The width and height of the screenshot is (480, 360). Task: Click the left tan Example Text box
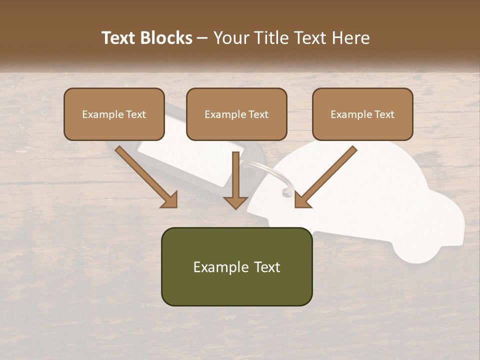pos(114,114)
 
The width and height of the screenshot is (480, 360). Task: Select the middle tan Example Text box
pos(236,114)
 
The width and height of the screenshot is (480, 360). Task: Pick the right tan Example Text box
pos(362,114)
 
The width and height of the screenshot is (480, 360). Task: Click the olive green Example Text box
pos(236,266)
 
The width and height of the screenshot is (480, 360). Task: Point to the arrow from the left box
pos(147,177)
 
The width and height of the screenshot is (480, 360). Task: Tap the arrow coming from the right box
pos(325,177)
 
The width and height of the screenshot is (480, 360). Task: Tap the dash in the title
pos(202,38)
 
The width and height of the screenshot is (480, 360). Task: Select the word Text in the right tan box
pos(383,114)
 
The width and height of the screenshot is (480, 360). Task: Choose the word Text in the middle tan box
pos(257,114)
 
